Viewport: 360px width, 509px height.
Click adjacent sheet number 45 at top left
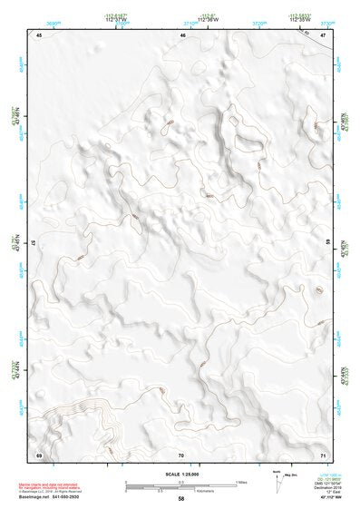pos(39,34)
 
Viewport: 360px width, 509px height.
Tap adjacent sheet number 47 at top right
pos(323,34)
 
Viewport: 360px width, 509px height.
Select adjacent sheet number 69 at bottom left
pos(39,453)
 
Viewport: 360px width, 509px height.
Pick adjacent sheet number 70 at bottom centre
pos(181,453)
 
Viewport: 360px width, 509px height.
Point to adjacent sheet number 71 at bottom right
pos(323,453)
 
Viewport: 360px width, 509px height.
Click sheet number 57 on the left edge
pos(34,243)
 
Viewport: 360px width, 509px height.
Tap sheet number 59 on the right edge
pos(328,243)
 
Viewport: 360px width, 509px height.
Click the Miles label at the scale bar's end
pos(241,481)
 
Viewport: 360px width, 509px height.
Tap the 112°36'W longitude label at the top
pos(209,19)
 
